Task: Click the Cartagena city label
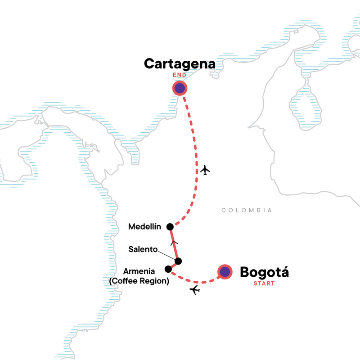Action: (x=180, y=64)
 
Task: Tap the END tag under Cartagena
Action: (x=180, y=75)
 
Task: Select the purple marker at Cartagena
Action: (x=180, y=88)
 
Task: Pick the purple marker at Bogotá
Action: (x=225, y=272)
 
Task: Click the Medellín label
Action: (x=145, y=226)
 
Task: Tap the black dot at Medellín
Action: (x=170, y=226)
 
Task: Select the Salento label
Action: (x=143, y=248)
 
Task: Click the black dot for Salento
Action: (x=178, y=261)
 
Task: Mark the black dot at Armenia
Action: (x=168, y=269)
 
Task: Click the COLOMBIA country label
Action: (x=246, y=210)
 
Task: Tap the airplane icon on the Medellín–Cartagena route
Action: (x=205, y=170)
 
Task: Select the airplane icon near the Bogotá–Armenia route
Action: (x=195, y=290)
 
